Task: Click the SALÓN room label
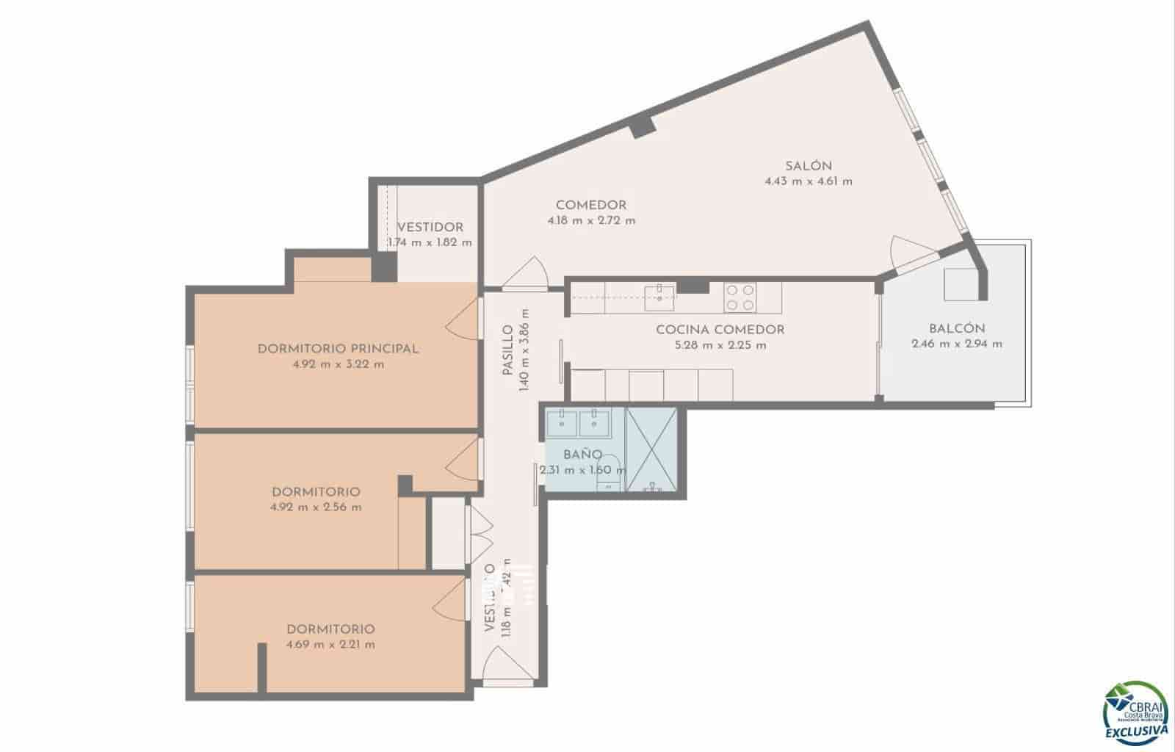(x=808, y=166)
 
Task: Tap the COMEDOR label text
(x=590, y=205)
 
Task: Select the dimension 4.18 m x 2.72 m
(x=591, y=220)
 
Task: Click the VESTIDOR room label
(x=430, y=228)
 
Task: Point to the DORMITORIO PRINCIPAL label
(x=338, y=349)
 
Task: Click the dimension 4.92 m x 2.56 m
(x=316, y=507)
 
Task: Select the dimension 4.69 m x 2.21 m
(x=330, y=645)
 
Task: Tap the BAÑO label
(x=582, y=455)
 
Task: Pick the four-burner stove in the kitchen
(x=740, y=297)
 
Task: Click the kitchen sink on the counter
(x=659, y=297)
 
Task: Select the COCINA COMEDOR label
(x=720, y=330)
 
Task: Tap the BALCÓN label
(x=956, y=328)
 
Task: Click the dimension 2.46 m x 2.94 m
(x=956, y=344)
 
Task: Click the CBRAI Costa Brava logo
(x=1135, y=712)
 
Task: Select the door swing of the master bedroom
(x=460, y=320)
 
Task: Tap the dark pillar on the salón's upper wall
(x=642, y=125)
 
